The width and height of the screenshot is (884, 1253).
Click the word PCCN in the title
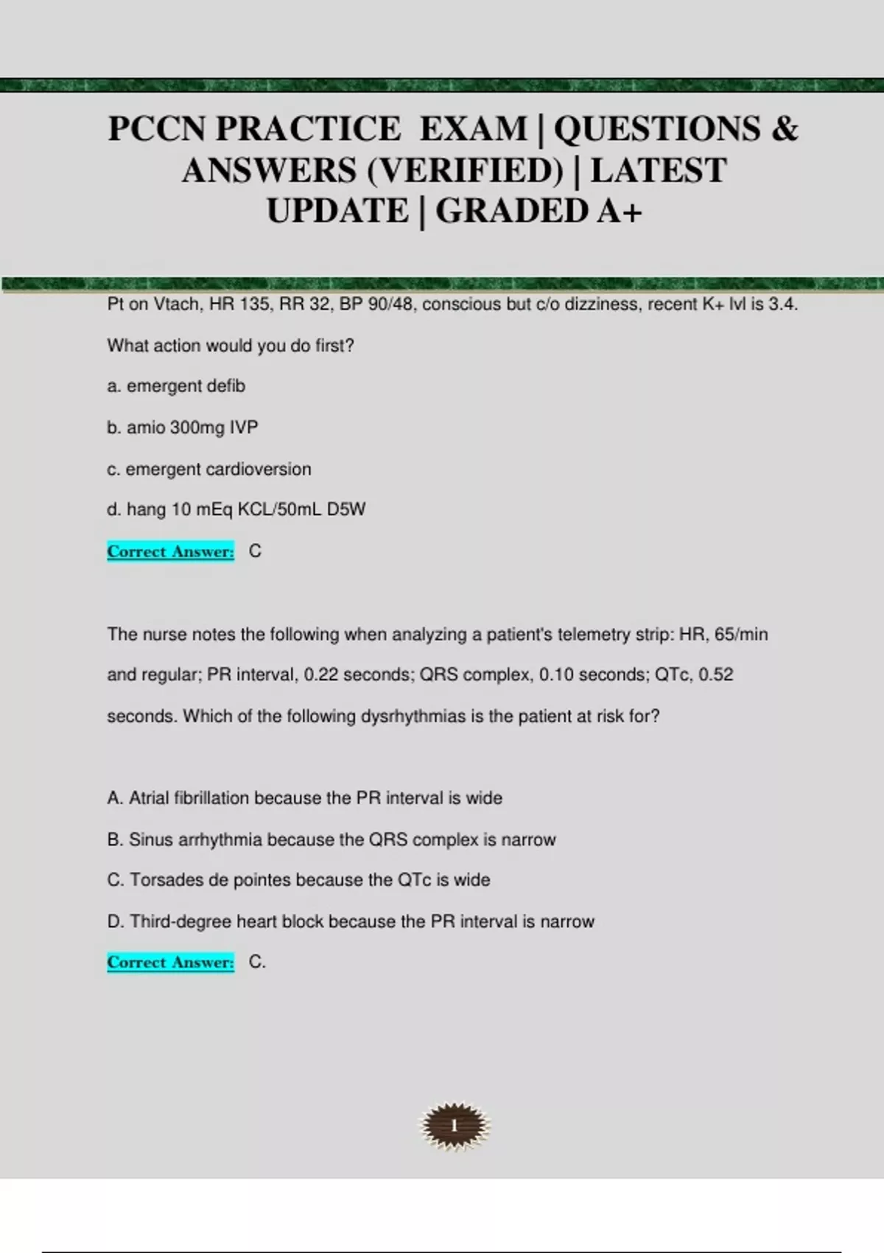click(x=157, y=129)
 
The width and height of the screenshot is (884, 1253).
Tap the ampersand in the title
click(x=785, y=129)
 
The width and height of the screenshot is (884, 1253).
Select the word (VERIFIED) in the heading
click(x=465, y=171)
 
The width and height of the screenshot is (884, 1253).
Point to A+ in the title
click(x=620, y=212)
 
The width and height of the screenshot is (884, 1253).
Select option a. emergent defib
click(x=176, y=386)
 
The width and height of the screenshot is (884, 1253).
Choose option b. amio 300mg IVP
click(x=183, y=427)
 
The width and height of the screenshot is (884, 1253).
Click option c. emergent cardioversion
click(x=209, y=469)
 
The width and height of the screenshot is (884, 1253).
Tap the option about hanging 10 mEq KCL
click(x=236, y=509)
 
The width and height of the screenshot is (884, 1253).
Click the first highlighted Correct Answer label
click(x=170, y=551)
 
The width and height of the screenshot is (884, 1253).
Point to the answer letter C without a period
click(x=255, y=551)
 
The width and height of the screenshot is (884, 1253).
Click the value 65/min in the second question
click(x=741, y=635)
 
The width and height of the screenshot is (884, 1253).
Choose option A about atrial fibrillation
click(x=304, y=798)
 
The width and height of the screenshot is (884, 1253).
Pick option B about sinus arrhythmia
click(x=331, y=840)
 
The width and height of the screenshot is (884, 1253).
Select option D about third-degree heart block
click(x=351, y=921)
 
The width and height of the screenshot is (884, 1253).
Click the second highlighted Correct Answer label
click(x=170, y=962)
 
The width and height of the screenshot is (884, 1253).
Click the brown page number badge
click(x=455, y=1125)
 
